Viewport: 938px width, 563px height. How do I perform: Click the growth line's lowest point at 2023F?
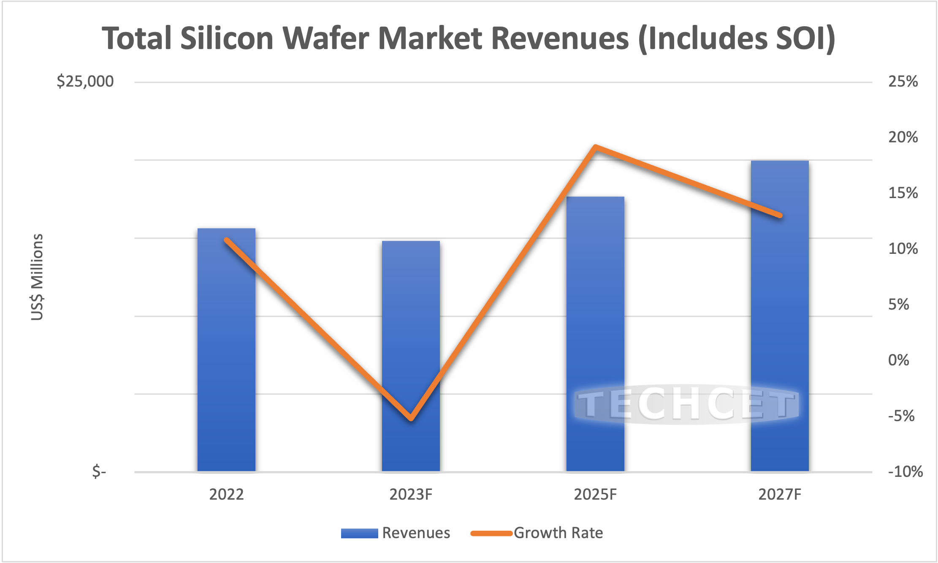tap(411, 419)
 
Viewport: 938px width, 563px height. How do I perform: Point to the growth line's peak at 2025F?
tap(595, 147)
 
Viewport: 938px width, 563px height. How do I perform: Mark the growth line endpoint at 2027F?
tap(780, 215)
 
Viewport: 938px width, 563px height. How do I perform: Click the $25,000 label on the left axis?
tap(85, 81)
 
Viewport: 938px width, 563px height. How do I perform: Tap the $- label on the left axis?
tap(99, 471)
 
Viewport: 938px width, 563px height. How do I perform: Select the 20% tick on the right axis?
tap(903, 137)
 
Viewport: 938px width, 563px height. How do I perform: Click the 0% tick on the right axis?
tap(898, 360)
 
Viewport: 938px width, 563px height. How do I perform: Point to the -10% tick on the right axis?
tap(905, 472)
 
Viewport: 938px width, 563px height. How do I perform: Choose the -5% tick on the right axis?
tap(901, 416)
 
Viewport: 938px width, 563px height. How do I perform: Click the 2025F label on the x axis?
tap(595, 494)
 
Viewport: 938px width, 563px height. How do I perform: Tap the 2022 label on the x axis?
tap(226, 494)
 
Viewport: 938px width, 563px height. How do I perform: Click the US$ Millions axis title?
tap(37, 277)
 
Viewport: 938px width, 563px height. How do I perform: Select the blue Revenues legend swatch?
tap(359, 533)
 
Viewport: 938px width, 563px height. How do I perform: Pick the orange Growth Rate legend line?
tap(491, 533)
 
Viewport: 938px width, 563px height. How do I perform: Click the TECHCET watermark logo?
tap(687, 404)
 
